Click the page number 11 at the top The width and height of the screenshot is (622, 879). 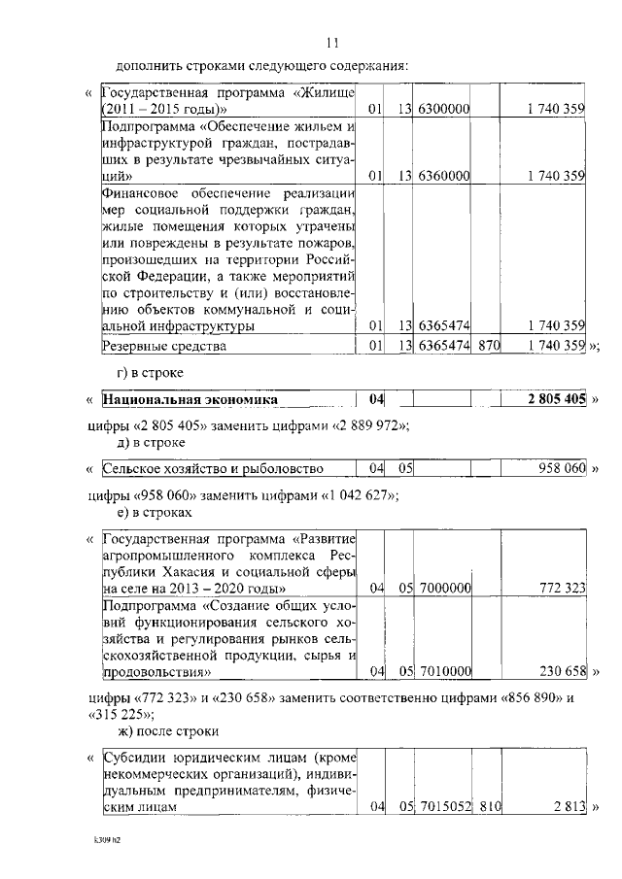(331, 43)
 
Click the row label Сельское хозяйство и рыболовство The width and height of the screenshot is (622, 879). (213, 468)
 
